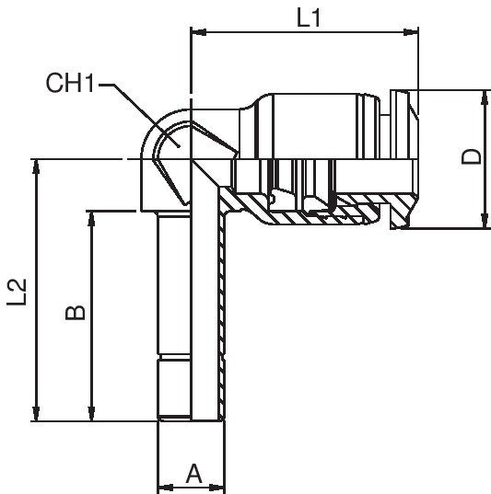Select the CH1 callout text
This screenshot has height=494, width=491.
[73, 85]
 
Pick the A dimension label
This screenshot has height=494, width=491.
[193, 474]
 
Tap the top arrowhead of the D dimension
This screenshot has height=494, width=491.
[485, 97]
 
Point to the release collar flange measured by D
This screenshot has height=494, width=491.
[401, 157]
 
